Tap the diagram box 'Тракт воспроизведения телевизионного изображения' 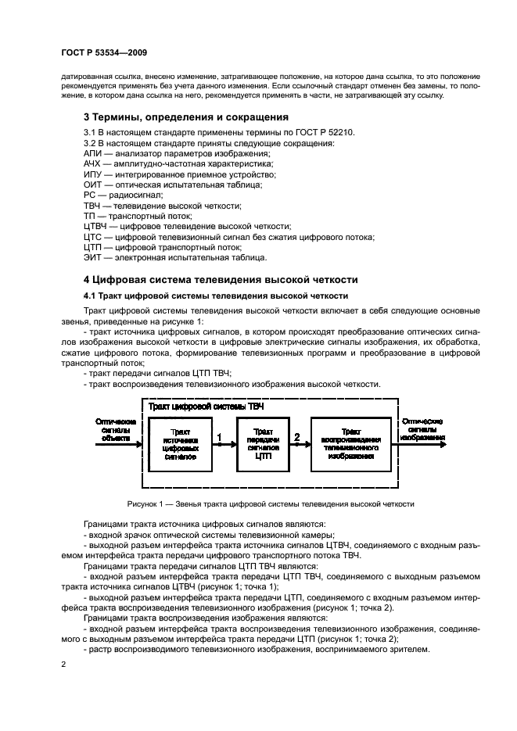point(350,443)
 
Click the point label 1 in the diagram point(220,436)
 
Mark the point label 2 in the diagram point(296,436)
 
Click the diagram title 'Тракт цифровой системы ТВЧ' point(206,407)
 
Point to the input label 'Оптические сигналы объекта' point(116,429)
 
